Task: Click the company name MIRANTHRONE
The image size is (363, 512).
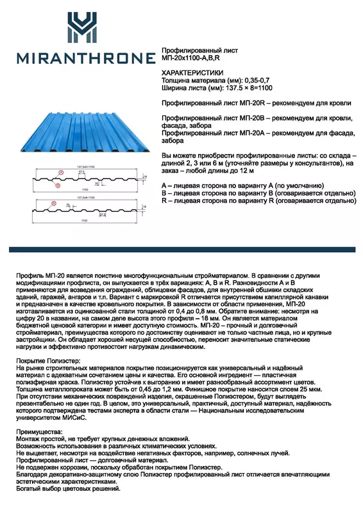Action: coord(80,59)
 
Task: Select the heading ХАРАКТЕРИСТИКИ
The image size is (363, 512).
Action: coord(192,73)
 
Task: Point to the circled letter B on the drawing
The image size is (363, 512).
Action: coord(58,186)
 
